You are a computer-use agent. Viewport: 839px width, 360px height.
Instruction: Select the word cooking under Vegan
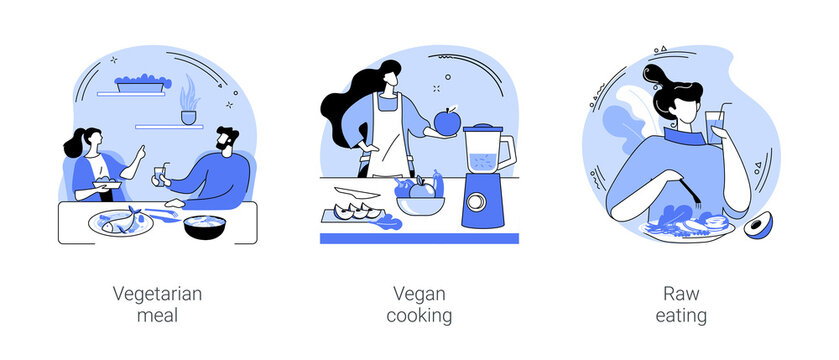[x=418, y=317]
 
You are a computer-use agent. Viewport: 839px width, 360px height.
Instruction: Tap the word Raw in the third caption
[x=682, y=294]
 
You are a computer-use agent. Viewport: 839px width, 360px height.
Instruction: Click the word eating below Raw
[x=682, y=317]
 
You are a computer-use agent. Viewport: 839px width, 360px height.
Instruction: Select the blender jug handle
[x=509, y=151]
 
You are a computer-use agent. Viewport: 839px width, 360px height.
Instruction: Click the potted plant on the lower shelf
[x=188, y=104]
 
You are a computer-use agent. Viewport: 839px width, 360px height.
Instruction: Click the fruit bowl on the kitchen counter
[x=420, y=204]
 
